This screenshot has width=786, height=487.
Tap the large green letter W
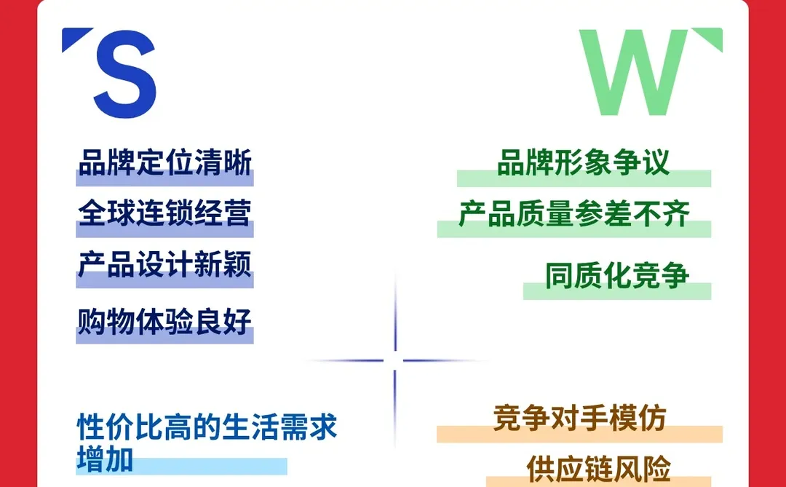click(x=633, y=73)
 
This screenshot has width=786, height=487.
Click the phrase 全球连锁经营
click(x=165, y=213)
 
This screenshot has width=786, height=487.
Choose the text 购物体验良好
click(x=165, y=321)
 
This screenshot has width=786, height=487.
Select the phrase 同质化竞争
click(x=617, y=276)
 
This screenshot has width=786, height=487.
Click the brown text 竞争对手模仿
click(x=579, y=418)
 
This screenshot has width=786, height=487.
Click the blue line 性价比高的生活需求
click(x=207, y=427)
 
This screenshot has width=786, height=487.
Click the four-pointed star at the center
click(x=394, y=360)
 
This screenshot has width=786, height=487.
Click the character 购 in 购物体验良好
click(x=92, y=321)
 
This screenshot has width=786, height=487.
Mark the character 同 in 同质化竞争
click(x=559, y=276)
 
